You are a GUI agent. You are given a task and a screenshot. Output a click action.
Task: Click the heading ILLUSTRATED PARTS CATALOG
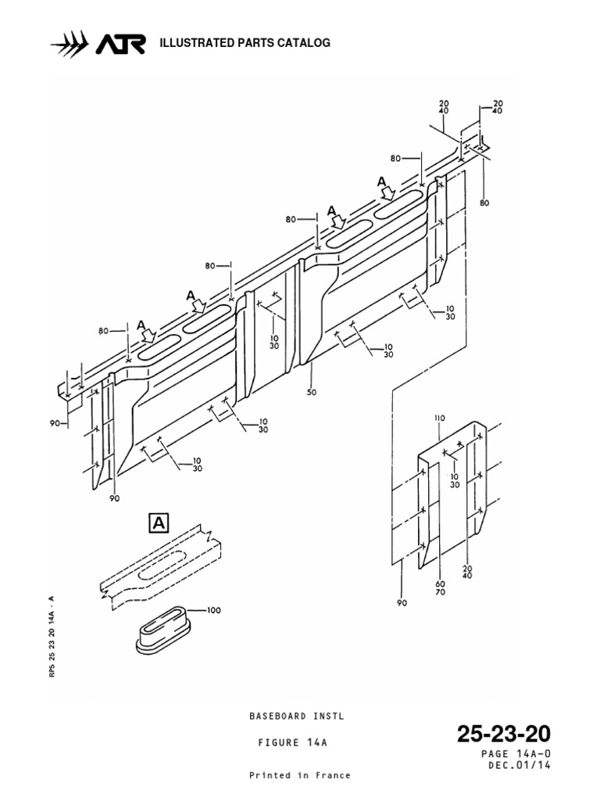pyautogui.click(x=245, y=43)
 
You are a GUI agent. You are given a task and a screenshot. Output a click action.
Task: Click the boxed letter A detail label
pyautogui.click(x=159, y=523)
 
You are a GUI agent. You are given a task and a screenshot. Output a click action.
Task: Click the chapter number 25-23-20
pyautogui.click(x=504, y=735)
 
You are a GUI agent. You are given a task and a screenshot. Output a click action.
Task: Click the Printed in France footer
pyautogui.click(x=299, y=776)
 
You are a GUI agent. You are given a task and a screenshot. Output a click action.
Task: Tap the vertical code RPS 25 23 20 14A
pyautogui.click(x=52, y=634)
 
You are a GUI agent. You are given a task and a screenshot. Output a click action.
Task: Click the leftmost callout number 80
pyautogui.click(x=105, y=331)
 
